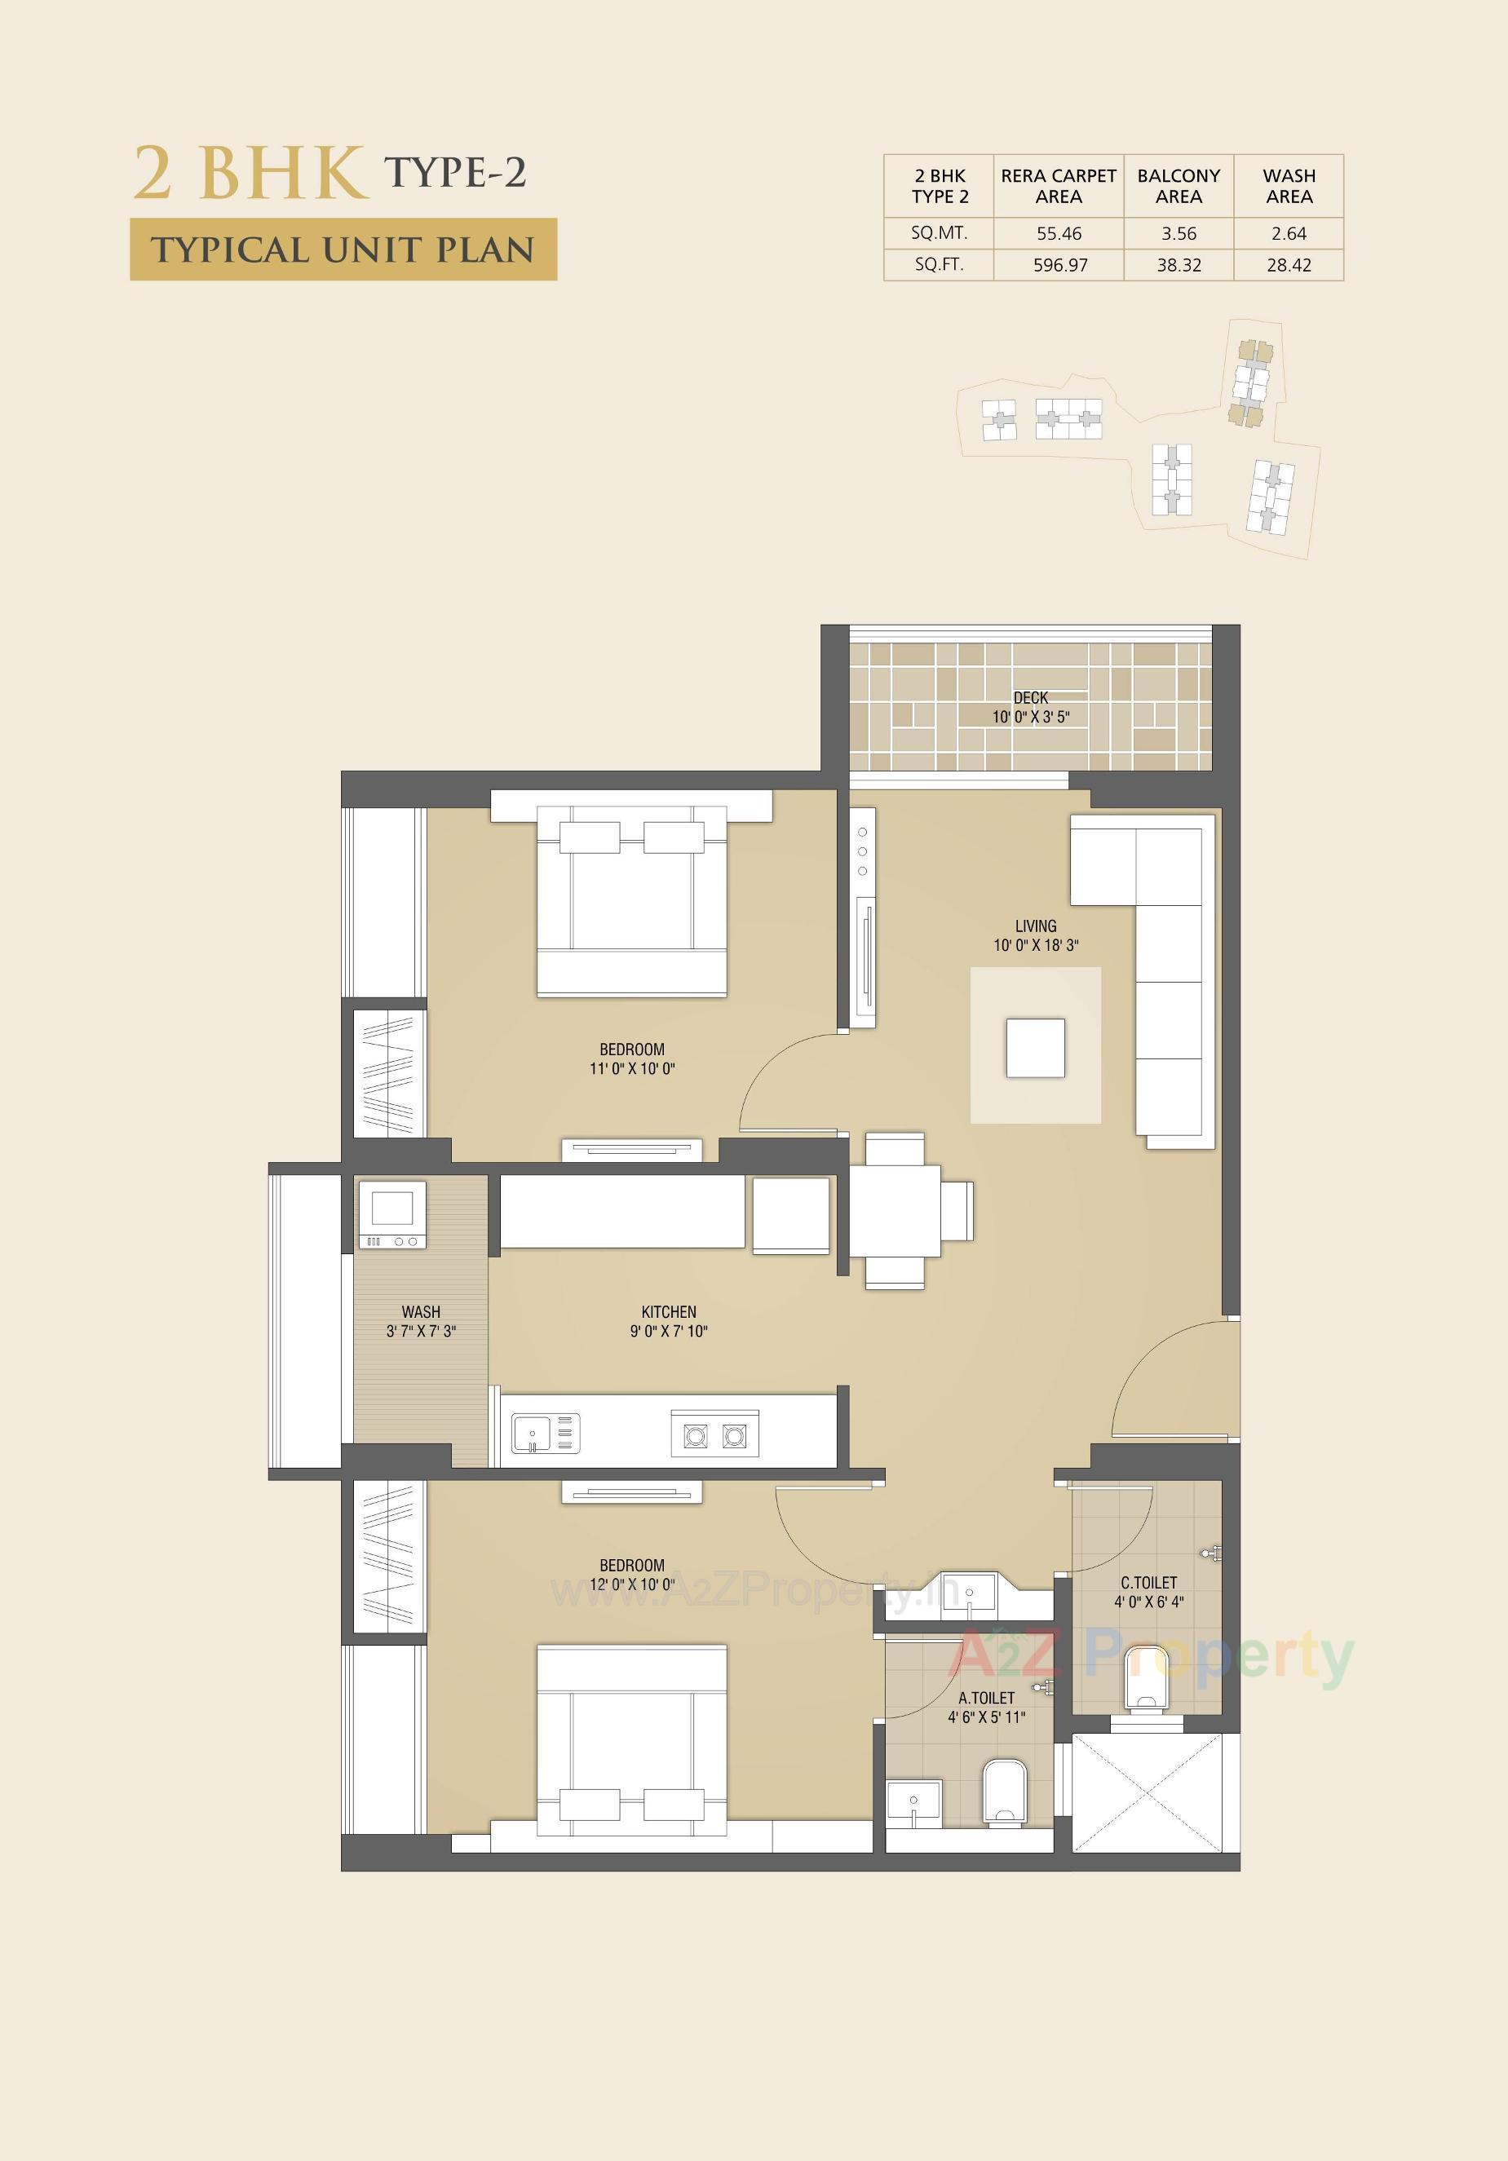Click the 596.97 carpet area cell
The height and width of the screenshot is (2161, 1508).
click(x=1060, y=265)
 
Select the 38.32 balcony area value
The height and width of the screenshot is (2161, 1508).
click(x=1179, y=265)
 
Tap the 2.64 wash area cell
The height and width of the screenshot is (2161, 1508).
click(x=1289, y=233)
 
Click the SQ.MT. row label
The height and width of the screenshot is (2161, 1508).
click(x=939, y=233)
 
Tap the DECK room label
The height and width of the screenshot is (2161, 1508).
click(x=1031, y=698)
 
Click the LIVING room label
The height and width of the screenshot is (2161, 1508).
click(x=1036, y=926)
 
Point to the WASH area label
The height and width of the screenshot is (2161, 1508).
click(x=421, y=1312)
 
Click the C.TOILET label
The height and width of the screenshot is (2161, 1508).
click(x=1148, y=1583)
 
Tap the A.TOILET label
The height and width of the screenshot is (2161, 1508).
click(x=987, y=1698)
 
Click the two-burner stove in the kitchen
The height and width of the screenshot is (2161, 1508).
click(x=714, y=1434)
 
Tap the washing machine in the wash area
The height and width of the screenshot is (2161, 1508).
click(x=391, y=1213)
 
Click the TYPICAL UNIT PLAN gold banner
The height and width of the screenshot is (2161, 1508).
click(x=343, y=250)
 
